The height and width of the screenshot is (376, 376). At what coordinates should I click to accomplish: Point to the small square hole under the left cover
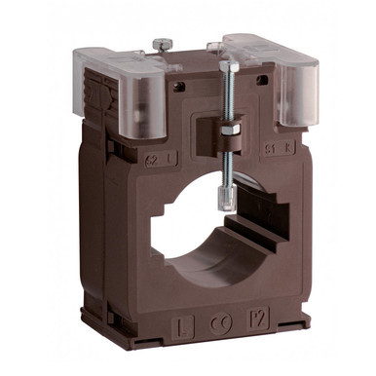[177, 86]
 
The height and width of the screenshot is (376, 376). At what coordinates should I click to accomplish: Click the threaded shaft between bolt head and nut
[230, 97]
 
